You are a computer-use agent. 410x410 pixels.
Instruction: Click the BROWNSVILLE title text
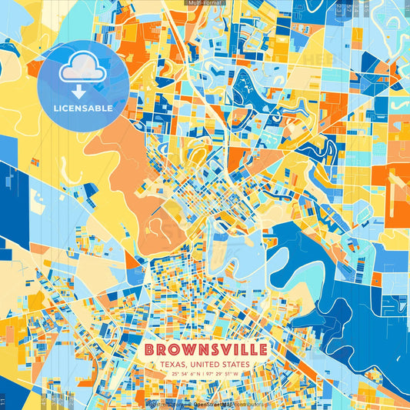[x=205, y=350]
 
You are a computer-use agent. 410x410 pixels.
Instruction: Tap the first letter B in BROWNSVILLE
[x=148, y=350]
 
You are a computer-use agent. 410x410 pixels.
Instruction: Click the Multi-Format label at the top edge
[x=205, y=4]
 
